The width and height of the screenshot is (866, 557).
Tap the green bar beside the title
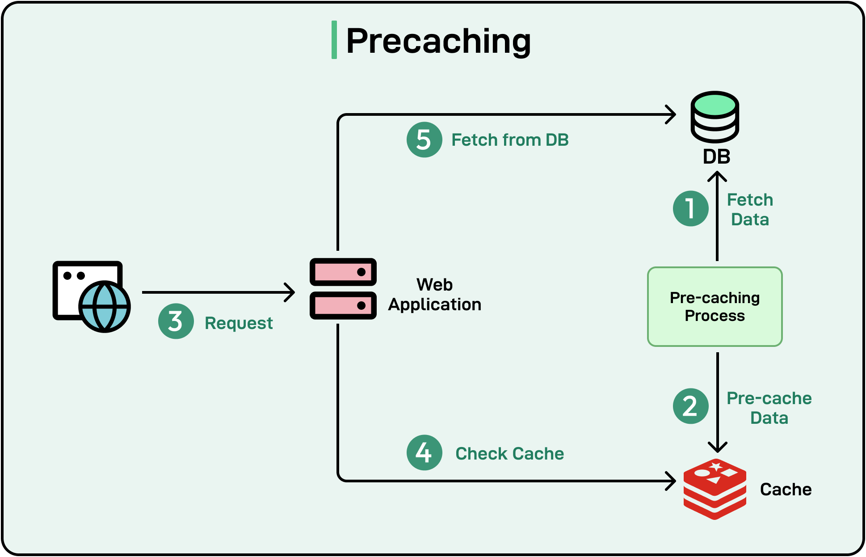[x=334, y=40]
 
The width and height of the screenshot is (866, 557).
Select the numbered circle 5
[x=424, y=140]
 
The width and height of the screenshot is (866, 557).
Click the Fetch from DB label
[x=510, y=140]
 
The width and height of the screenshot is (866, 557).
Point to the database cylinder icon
[x=715, y=117]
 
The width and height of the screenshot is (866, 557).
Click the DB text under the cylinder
[x=716, y=157]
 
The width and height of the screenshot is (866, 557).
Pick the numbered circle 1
[x=690, y=209]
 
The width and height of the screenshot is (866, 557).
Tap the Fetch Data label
[x=750, y=210]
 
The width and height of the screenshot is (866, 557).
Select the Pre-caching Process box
[x=715, y=307]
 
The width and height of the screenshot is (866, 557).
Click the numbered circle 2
[x=690, y=406]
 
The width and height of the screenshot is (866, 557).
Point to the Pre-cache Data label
[x=769, y=408]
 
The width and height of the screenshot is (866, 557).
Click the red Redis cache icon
[x=715, y=489]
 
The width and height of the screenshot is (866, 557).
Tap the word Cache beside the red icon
[x=786, y=489]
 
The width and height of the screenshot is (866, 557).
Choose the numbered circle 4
[x=424, y=453]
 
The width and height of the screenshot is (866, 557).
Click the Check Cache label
[x=509, y=454]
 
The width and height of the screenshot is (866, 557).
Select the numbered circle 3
[x=176, y=321]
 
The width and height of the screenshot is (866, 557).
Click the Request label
[x=239, y=323]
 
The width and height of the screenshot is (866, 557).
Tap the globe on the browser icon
[x=105, y=307]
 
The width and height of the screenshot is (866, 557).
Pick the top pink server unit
[x=343, y=272]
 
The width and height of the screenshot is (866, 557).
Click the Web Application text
[x=434, y=295]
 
